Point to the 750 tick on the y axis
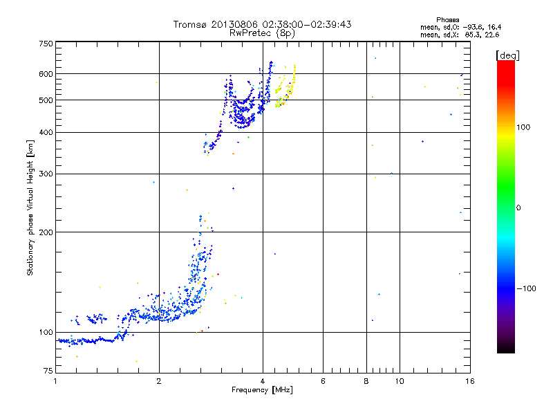click(x=46, y=44)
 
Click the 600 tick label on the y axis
click(x=46, y=74)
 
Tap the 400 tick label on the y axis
click(x=46, y=133)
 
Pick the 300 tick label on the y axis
click(x=46, y=174)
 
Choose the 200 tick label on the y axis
click(x=46, y=232)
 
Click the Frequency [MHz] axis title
click(x=262, y=390)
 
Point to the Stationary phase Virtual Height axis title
click(x=30, y=208)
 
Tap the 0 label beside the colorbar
click(x=520, y=207)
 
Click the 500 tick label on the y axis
click(x=46, y=100)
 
